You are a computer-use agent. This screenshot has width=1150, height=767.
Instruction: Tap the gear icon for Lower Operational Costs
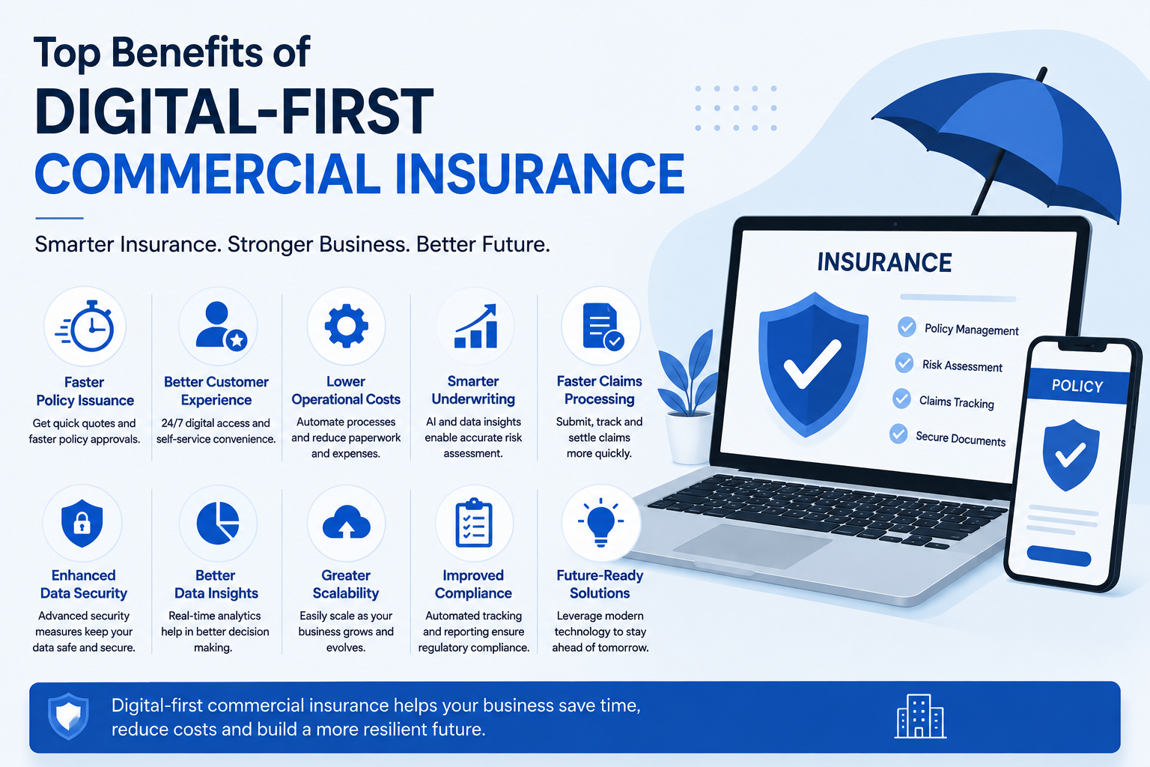click(346, 327)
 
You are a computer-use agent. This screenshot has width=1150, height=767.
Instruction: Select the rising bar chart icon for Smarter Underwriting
click(476, 327)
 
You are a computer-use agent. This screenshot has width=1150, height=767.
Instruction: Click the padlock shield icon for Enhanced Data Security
click(82, 524)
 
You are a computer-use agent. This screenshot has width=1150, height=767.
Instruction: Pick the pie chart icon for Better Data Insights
click(218, 523)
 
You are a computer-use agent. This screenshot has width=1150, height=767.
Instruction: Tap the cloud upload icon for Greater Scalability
click(346, 523)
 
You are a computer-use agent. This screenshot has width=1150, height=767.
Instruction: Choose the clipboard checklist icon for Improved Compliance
click(474, 523)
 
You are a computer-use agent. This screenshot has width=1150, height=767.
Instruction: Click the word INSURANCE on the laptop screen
click(884, 262)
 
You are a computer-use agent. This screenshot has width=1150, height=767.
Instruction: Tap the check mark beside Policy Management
click(907, 327)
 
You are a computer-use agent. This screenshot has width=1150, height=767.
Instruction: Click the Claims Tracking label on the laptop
click(956, 401)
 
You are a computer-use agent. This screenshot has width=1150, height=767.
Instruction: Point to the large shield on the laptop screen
click(812, 365)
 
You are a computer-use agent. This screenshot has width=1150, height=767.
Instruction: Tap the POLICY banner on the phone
click(1077, 386)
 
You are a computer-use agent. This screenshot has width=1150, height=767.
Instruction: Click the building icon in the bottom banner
click(920, 716)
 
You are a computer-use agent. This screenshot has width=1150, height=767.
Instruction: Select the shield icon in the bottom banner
click(68, 716)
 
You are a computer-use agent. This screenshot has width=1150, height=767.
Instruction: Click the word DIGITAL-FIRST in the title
click(234, 112)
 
